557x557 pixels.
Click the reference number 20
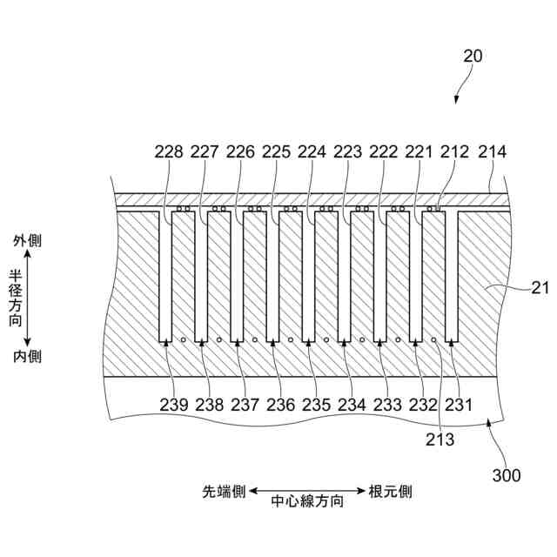point(473,57)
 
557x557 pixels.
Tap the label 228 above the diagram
point(169,151)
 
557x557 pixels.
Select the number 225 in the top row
point(276,151)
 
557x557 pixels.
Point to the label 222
point(383,151)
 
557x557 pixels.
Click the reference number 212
point(454,151)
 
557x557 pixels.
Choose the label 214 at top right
point(492,151)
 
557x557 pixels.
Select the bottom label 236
point(280,404)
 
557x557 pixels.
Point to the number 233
point(387,404)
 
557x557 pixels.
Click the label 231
point(459,404)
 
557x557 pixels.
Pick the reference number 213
point(440,440)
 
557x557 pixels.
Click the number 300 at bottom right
point(507,475)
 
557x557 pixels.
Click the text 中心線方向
point(307,501)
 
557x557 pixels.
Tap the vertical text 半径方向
point(16,298)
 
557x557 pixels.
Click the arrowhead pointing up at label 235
point(307,344)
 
